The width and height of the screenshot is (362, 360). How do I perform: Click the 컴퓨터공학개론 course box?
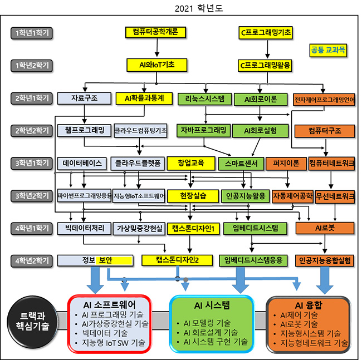(x=152, y=32)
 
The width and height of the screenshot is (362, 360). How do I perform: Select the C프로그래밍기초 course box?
(x=265, y=32)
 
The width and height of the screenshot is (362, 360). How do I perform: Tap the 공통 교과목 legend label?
(x=327, y=50)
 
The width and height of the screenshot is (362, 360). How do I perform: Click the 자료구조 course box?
(x=85, y=98)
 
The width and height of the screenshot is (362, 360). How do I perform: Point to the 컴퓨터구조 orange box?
(x=325, y=131)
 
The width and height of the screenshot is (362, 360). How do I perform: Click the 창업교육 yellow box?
(x=191, y=164)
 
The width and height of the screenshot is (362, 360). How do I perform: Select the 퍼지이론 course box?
(x=286, y=164)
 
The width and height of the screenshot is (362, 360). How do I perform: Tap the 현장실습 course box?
(x=194, y=196)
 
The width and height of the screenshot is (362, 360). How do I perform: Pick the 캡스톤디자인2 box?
(x=178, y=260)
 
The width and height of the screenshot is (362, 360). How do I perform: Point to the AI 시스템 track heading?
(x=212, y=305)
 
